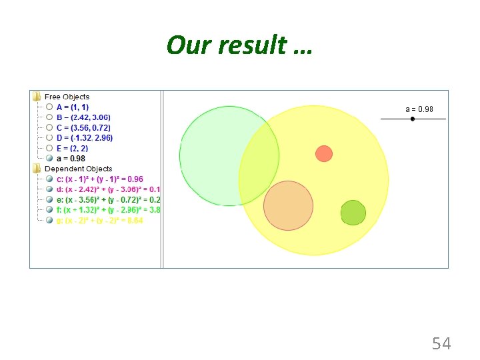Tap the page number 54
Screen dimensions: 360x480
point(441,343)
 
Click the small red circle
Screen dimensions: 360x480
point(324,153)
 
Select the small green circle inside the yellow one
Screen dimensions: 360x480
point(353,213)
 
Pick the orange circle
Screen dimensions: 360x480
point(288,205)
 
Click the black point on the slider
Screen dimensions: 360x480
point(413,119)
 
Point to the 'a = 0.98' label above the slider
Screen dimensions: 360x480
point(419,109)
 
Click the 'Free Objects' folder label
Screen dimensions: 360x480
point(67,97)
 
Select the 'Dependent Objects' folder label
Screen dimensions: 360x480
point(78,169)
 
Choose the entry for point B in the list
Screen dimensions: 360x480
point(83,117)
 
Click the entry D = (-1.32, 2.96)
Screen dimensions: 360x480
point(85,138)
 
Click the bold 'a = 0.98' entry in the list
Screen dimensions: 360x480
point(71,159)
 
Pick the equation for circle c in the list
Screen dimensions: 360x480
point(99,179)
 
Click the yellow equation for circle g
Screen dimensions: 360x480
point(99,221)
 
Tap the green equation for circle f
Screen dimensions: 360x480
point(103,210)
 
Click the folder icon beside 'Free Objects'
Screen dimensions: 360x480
point(37,97)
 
